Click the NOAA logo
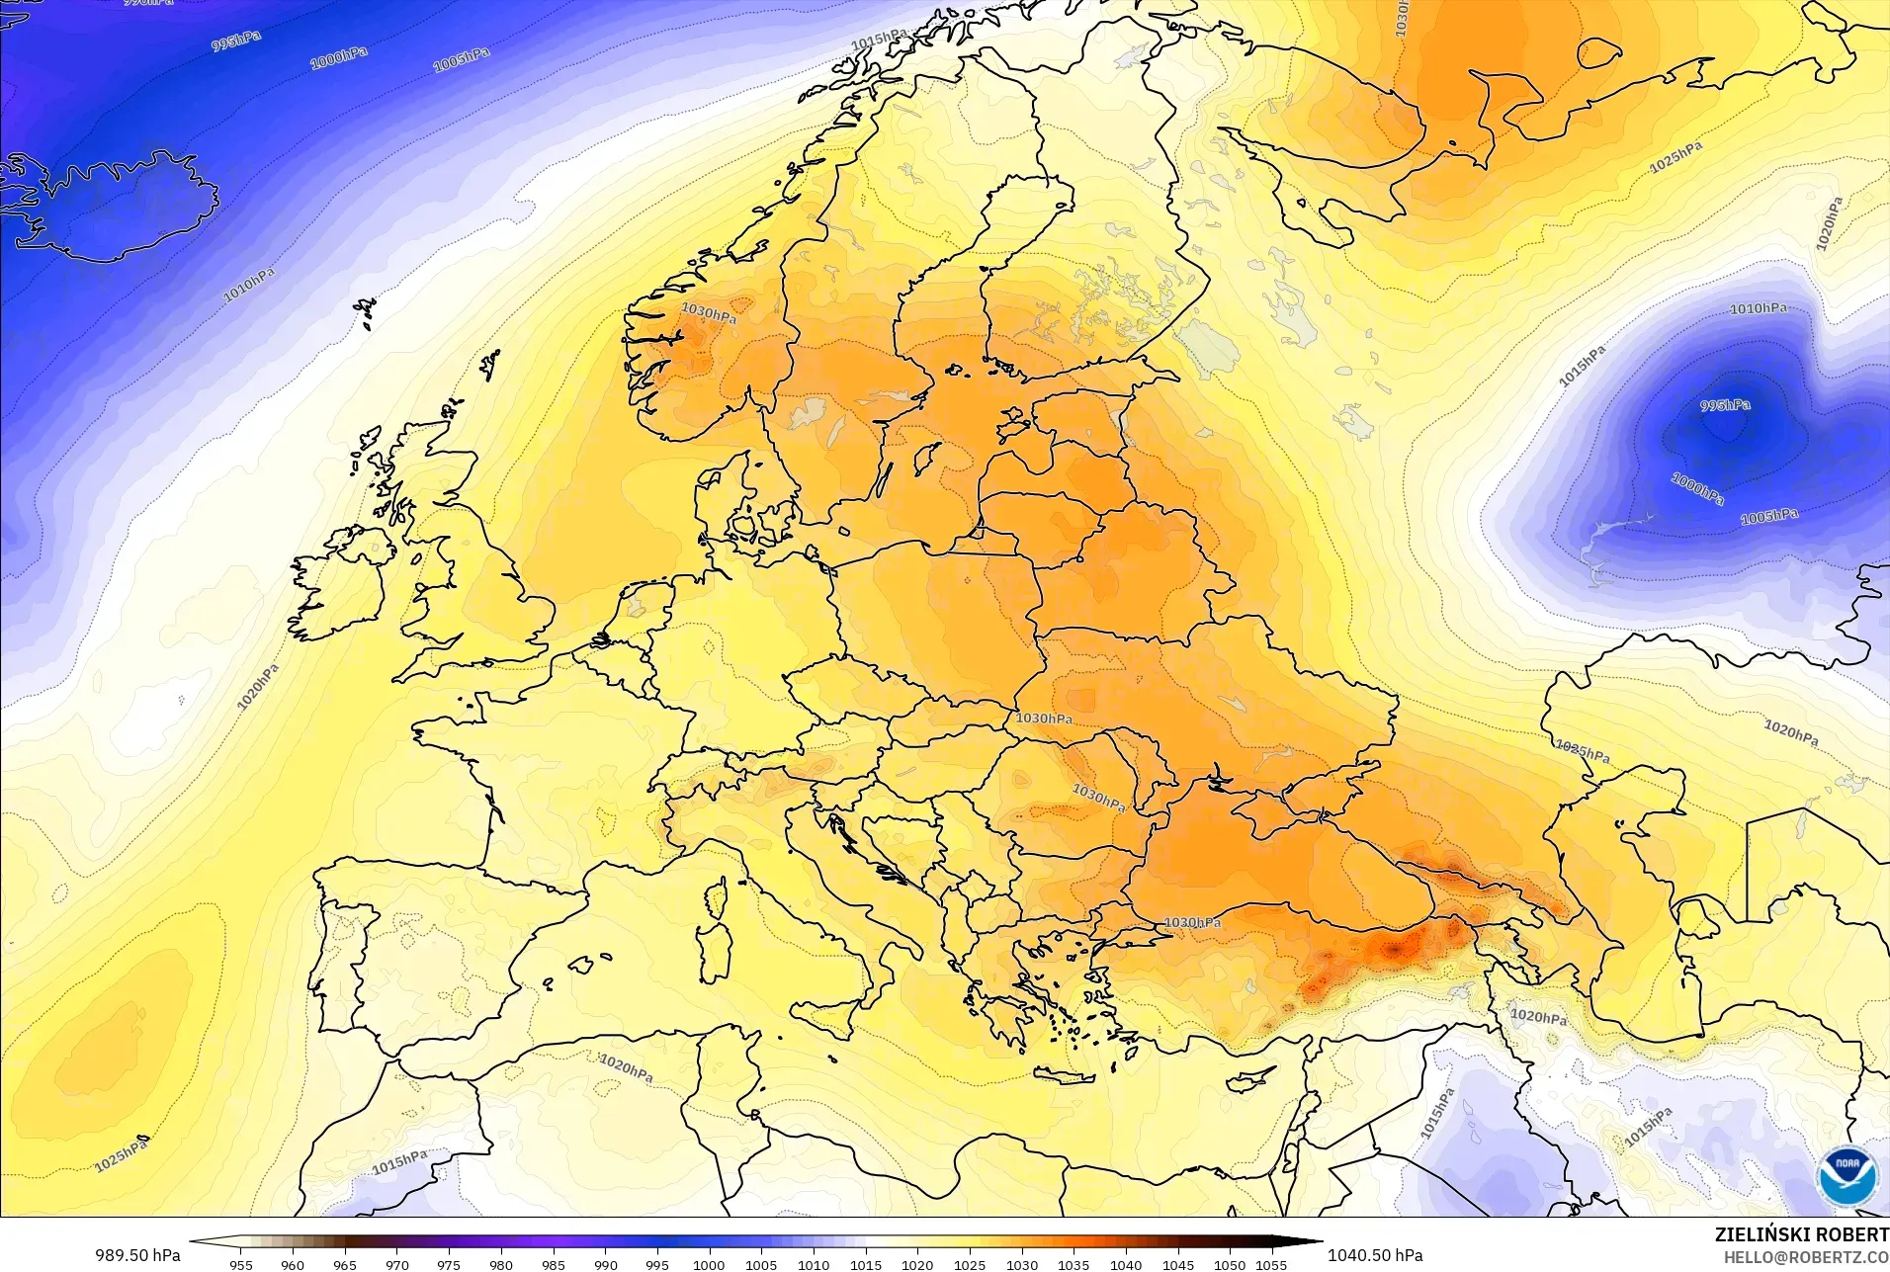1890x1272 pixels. click(x=1845, y=1176)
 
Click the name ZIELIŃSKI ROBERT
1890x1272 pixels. click(x=1802, y=1234)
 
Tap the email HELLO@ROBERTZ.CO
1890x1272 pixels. click(x=1806, y=1257)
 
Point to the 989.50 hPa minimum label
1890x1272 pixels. click(x=137, y=1255)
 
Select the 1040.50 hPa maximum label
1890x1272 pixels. click(x=1374, y=1255)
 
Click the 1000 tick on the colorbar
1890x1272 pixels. click(x=709, y=1264)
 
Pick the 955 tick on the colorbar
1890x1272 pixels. click(x=240, y=1264)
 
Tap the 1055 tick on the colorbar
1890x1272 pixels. click(x=1271, y=1264)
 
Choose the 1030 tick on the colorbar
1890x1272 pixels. click(x=1021, y=1264)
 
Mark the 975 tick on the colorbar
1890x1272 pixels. click(x=449, y=1264)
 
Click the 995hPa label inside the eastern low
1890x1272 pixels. click(x=1725, y=405)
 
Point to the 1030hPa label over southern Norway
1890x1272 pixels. click(x=708, y=313)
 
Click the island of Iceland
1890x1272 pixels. click(x=119, y=208)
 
